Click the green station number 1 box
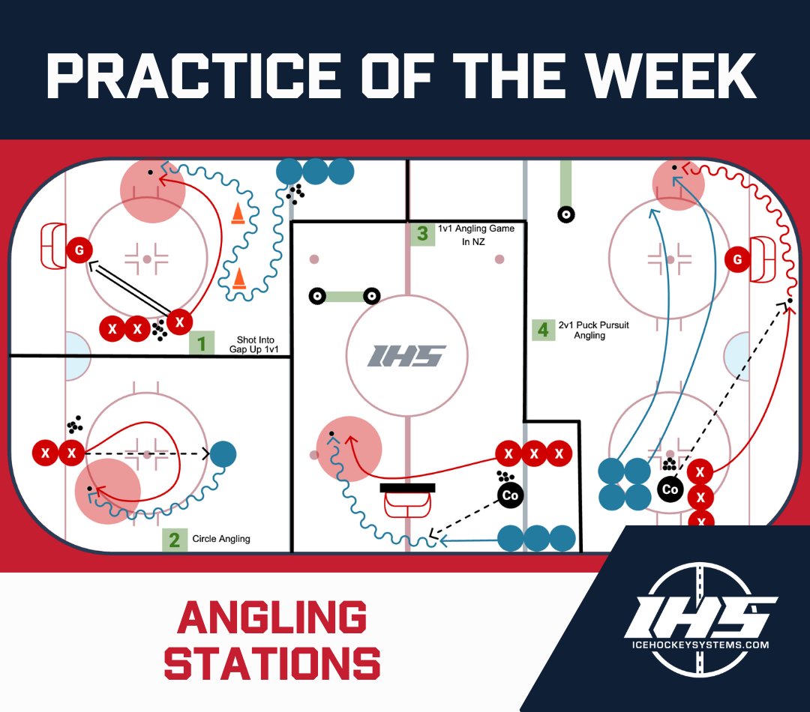pos(201,343)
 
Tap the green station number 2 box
pos(174,540)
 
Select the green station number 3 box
pos(423,234)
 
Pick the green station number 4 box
pos(543,330)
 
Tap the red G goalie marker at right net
pos(738,260)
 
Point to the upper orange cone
pos(238,214)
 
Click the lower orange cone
pos(238,278)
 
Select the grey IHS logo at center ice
pos(406,355)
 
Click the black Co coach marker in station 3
pos(510,495)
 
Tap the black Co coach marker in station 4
pos(670,489)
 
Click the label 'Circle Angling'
pos(221,539)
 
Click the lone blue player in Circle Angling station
pos(223,453)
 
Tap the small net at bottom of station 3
pos(407,500)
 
